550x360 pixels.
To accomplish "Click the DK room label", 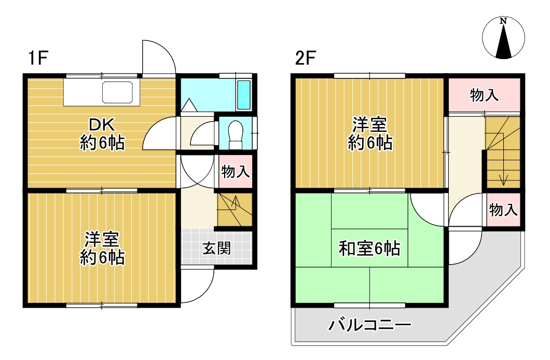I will (x=102, y=134).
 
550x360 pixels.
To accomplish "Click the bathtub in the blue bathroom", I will (x=243, y=94).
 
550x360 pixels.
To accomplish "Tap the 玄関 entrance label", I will (x=216, y=248).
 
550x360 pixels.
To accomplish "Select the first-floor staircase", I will (x=233, y=209).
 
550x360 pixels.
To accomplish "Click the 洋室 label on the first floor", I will (x=102, y=248).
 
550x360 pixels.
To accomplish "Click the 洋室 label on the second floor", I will (x=369, y=133).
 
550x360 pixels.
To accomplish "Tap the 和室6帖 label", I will (x=369, y=249).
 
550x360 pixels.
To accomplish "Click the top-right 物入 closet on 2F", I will (x=484, y=95).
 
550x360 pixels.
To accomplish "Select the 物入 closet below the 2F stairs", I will (x=502, y=210).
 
